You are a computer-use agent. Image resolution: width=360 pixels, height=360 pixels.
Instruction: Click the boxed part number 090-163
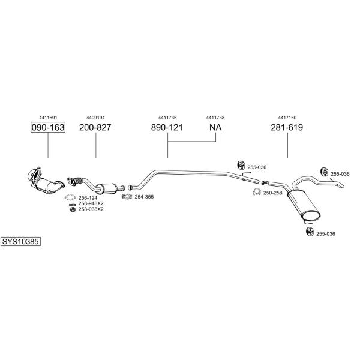48,127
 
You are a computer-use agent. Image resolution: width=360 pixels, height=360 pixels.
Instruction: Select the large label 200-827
95,127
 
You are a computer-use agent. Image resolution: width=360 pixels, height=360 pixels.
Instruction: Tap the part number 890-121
167,127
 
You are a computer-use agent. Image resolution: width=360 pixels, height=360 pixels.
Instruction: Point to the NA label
215,127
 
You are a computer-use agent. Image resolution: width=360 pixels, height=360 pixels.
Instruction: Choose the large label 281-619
287,127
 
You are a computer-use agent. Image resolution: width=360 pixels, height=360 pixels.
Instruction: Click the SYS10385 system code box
20,242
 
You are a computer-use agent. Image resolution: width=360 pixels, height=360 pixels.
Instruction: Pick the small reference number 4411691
48,118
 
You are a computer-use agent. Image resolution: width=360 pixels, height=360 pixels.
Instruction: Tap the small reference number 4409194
95,118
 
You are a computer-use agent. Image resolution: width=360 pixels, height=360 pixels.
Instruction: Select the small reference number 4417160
287,118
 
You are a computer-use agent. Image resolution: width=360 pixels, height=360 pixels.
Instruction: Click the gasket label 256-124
88,197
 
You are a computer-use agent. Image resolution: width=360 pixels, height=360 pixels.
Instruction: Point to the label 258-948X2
91,203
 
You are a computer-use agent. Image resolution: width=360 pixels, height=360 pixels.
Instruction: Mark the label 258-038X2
91,209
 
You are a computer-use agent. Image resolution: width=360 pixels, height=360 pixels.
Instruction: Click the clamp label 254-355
144,197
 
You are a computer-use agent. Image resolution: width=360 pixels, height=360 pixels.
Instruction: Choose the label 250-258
273,193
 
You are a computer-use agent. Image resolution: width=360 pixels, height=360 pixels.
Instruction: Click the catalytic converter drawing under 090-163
46,181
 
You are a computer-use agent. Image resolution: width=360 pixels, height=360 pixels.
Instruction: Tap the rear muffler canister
304,205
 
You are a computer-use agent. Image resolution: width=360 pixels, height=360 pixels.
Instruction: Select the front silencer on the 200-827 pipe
106,188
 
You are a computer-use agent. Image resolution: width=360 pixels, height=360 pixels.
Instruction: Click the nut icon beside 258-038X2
73,209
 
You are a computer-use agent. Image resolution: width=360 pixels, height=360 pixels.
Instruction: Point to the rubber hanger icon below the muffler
310,232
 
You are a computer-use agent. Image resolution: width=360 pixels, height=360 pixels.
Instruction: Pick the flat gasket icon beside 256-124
70,197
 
